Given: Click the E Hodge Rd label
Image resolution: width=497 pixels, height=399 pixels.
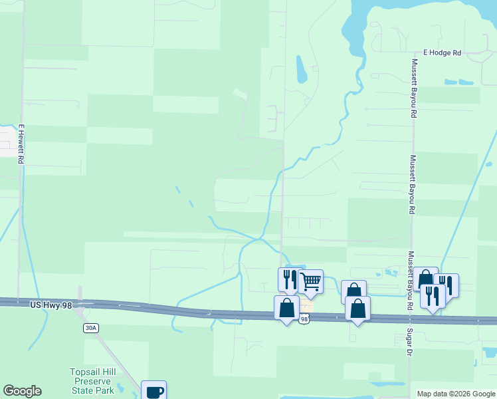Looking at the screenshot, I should coord(442,53).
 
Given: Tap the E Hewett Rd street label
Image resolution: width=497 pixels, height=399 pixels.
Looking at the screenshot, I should coord(21,144).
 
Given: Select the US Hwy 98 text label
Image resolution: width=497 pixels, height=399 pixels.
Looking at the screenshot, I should coord(50,305).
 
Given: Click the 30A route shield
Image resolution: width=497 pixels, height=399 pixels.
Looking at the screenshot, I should coord(91,328).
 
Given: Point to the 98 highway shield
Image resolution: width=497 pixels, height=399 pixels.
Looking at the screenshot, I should coord(304,320).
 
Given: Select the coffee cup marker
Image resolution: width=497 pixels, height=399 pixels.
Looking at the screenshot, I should coord(153,390).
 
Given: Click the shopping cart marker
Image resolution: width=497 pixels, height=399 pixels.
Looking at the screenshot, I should coord(310,281).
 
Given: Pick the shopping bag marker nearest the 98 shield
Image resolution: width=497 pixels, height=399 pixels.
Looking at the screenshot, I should coord(286,308).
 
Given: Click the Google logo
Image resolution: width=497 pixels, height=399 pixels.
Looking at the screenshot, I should coord(22,391).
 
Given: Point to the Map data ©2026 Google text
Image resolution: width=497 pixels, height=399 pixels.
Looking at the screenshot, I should coord(456,394).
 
